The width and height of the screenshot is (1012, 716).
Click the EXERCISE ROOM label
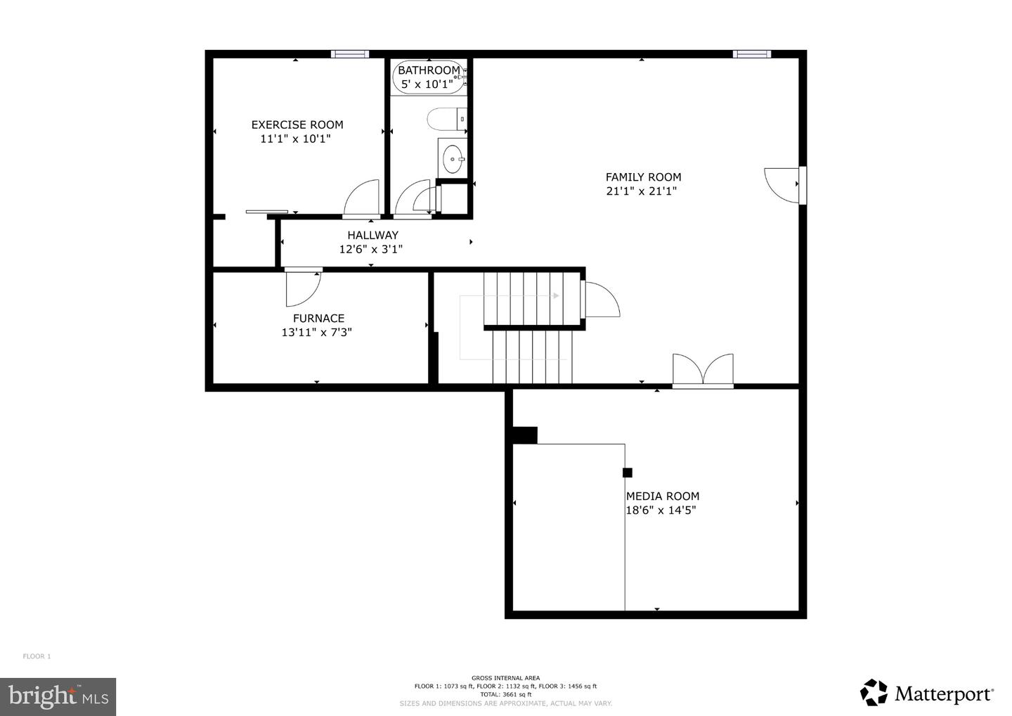pos(297,125)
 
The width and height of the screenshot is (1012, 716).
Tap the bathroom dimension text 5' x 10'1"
pos(427,84)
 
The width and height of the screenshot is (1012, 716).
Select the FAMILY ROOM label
pos(643,177)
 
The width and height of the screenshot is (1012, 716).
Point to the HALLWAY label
pos(372,235)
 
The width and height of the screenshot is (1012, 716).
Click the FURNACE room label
pos(318,318)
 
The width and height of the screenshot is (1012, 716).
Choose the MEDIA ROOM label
pos(663,496)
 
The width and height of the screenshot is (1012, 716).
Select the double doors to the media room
pos(703,370)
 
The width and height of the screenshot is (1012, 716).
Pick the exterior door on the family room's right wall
pos(784,185)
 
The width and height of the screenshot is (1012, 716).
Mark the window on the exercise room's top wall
pos(350,54)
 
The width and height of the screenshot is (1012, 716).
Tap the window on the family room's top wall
pos(751,54)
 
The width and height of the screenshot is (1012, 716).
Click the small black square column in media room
pos(627,473)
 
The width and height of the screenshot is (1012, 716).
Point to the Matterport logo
pos(926,693)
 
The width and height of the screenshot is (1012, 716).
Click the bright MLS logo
pos(58,696)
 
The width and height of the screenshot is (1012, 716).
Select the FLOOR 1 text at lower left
pos(37,656)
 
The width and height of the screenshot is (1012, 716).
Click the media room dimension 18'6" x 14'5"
pos(661,511)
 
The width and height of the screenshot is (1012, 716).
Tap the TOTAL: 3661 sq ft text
pos(505,694)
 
